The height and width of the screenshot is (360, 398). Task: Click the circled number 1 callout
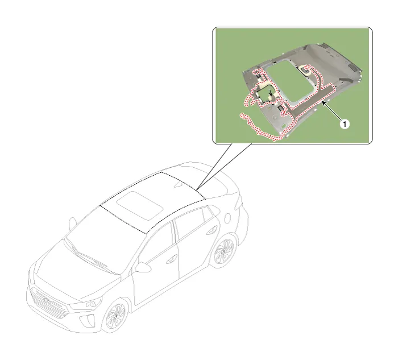coord(345,124)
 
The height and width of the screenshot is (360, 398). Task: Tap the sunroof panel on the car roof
coord(140,205)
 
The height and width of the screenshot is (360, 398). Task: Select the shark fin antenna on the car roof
coord(179,185)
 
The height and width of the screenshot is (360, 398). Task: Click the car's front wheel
coord(116,316)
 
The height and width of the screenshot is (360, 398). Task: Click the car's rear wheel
coord(224,251)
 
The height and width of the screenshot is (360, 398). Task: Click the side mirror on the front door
coord(142,267)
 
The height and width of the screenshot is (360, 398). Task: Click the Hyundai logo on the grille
coord(47,301)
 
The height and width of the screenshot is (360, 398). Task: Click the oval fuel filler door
coord(227,218)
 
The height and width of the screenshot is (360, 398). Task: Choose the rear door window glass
coord(189,222)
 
